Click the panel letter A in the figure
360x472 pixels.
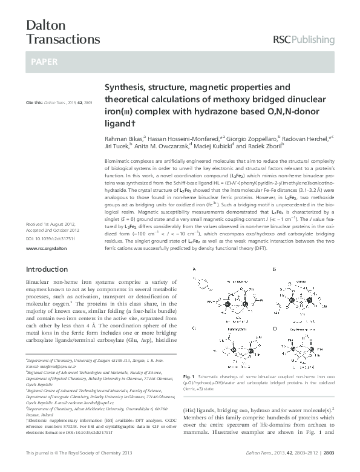tap(194, 269)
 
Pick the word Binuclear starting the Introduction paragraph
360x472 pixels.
tap(38, 283)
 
